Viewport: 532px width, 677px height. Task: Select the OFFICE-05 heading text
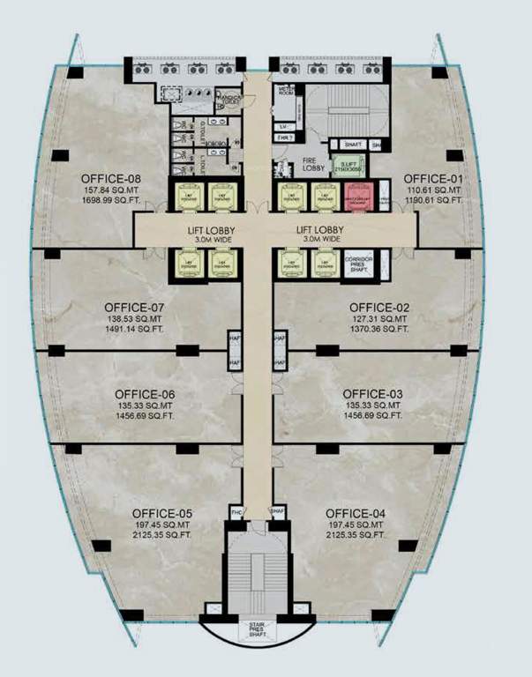click(x=162, y=513)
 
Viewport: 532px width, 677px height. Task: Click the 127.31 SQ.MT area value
click(x=378, y=318)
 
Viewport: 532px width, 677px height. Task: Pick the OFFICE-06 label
click(x=145, y=394)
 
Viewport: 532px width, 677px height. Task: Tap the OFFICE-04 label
click(x=356, y=513)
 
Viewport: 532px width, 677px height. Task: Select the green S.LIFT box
click(x=343, y=166)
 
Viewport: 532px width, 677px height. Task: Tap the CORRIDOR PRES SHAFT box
click(x=360, y=263)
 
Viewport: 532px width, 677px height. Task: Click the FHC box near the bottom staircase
click(x=236, y=511)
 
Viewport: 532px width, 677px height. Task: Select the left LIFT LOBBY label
click(x=210, y=230)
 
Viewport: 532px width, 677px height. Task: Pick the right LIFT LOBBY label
click(x=322, y=230)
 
